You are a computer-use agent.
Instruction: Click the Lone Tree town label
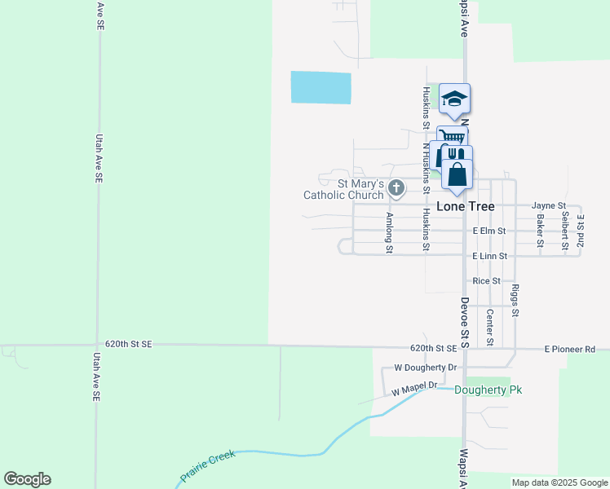pyautogui.click(x=465, y=206)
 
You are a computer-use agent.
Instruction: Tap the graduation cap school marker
pyautogui.click(x=454, y=99)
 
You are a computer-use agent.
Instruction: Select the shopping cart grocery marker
pyautogui.click(x=452, y=137)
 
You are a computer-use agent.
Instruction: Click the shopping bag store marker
pyautogui.click(x=457, y=174)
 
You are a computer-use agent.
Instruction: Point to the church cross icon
pyautogui.click(x=396, y=189)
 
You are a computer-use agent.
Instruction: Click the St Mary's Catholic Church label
pyautogui.click(x=343, y=189)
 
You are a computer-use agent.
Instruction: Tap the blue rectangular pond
pyautogui.click(x=321, y=87)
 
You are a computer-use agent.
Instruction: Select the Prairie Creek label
pyautogui.click(x=207, y=465)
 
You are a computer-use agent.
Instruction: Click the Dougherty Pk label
pyautogui.click(x=488, y=390)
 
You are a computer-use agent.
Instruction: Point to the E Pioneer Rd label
pyautogui.click(x=570, y=349)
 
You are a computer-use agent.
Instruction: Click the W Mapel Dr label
pyautogui.click(x=414, y=389)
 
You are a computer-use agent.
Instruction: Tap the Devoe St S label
pyautogui.click(x=464, y=311)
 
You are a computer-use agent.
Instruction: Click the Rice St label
pyautogui.click(x=486, y=280)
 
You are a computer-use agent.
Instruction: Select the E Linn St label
pyautogui.click(x=489, y=256)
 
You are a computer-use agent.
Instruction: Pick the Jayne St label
pyautogui.click(x=548, y=206)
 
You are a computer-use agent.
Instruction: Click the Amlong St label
pyautogui.click(x=390, y=232)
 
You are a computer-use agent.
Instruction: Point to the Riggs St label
pyautogui.click(x=515, y=300)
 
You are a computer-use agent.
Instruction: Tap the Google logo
pyautogui.click(x=27, y=479)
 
